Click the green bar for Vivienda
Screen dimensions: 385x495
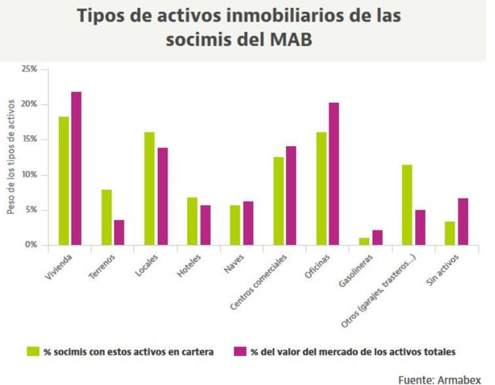tap(64, 181)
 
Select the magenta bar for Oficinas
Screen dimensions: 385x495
tap(334, 174)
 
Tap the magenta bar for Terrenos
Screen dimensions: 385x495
tap(119, 232)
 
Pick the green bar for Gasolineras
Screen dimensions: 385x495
tap(364, 242)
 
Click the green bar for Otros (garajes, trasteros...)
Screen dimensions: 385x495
tap(407, 205)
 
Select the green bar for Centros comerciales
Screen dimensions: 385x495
tap(278, 201)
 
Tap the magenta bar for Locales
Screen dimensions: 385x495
tap(162, 196)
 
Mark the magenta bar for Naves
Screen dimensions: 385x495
tap(248, 223)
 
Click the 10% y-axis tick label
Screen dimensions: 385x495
tap(29, 175)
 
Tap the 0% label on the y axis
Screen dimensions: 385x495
tap(30, 245)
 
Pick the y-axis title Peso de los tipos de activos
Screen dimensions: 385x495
tap(10, 158)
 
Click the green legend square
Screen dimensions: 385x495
tap(33, 352)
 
